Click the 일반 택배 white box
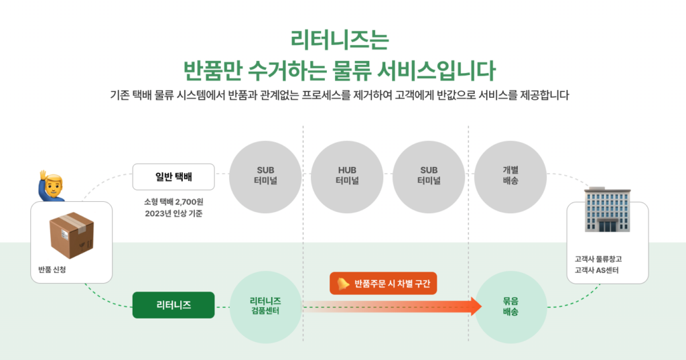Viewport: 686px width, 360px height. (x=174, y=177)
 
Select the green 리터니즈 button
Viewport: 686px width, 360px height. (x=174, y=305)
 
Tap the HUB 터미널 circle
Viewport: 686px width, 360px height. (x=347, y=177)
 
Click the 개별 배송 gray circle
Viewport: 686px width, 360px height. (x=510, y=177)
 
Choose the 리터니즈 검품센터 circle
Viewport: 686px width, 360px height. (x=265, y=306)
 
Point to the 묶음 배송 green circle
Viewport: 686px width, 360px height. (x=510, y=306)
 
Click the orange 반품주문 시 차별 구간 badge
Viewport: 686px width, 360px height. (x=383, y=284)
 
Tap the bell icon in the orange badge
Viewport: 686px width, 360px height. (x=343, y=284)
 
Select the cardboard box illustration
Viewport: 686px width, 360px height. (x=72, y=235)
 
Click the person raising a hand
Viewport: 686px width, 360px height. (x=52, y=186)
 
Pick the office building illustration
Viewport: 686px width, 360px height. (x=608, y=209)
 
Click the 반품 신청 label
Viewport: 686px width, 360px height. (x=52, y=269)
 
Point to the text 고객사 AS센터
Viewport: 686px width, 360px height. (x=596, y=270)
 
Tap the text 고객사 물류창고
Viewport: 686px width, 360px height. (x=598, y=259)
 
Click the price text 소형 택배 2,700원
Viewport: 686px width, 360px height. (x=174, y=202)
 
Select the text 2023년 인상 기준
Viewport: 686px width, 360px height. (x=174, y=214)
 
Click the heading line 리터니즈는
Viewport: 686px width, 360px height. (x=340, y=40)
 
